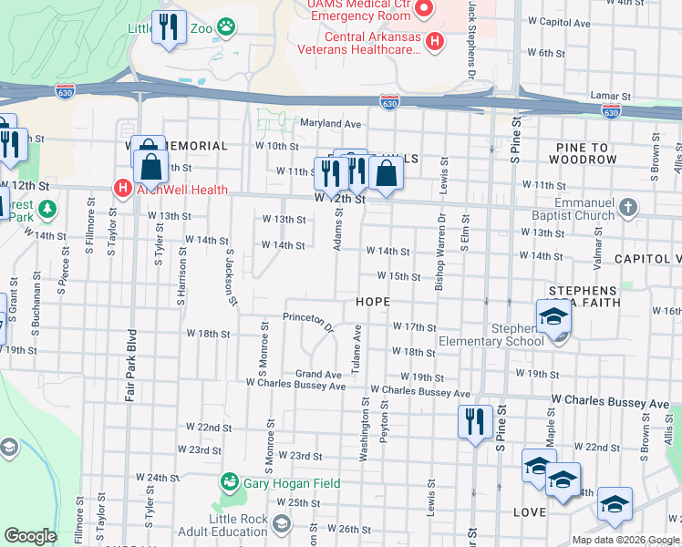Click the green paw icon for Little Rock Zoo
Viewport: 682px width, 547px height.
pos(224,28)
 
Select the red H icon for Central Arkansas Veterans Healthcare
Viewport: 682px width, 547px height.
pos(435,41)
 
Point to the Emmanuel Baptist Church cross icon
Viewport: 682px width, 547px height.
pos(626,207)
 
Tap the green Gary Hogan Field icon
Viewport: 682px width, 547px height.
pos(229,482)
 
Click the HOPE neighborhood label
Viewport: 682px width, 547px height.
pos(373,302)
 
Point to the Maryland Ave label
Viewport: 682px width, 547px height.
pos(331,123)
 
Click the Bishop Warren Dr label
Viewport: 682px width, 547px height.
pos(440,252)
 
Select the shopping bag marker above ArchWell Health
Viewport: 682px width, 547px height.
pos(150,167)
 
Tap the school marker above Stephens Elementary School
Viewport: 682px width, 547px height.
pos(553,316)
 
